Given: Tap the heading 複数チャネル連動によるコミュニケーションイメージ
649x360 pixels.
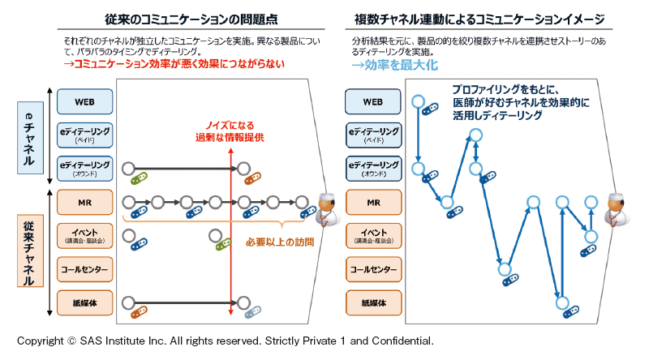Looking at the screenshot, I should click(x=484, y=18).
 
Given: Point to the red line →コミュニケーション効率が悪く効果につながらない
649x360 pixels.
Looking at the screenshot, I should click(x=174, y=65).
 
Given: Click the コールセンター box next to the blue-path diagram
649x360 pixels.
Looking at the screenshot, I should click(x=372, y=268).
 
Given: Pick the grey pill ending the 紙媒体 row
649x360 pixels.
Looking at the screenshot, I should click(x=253, y=311).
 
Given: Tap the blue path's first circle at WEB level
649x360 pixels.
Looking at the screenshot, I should click(x=418, y=102).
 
